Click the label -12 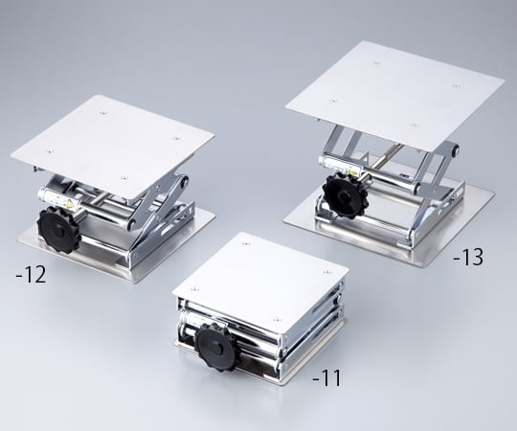[x=31, y=275]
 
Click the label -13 [x=468, y=257]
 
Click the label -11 [x=326, y=378]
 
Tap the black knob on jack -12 [x=59, y=230]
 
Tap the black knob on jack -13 [x=344, y=195]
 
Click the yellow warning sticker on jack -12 [x=71, y=204]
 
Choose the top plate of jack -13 [x=394, y=93]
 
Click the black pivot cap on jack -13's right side [x=457, y=149]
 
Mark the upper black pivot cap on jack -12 [x=183, y=181]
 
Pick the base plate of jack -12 [x=116, y=246]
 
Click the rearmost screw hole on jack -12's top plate [x=103, y=113]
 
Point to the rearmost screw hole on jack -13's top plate [x=376, y=63]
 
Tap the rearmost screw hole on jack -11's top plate [x=245, y=244]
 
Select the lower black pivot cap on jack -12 [x=130, y=223]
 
